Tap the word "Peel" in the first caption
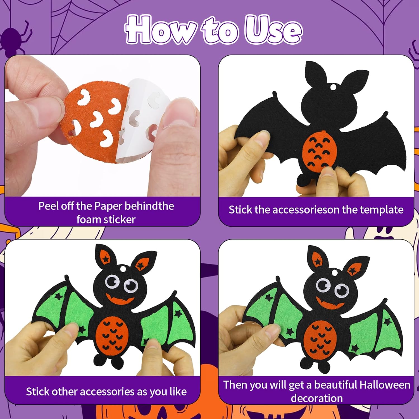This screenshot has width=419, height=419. point(49,206)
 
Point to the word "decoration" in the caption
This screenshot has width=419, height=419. point(317,398)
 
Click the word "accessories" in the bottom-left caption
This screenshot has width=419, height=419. point(108,392)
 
